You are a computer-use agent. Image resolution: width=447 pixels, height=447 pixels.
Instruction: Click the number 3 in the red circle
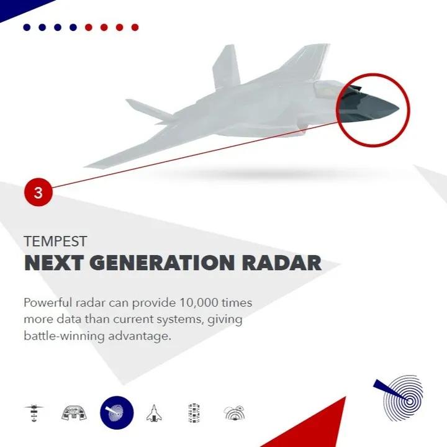pyautogui.click(x=38, y=192)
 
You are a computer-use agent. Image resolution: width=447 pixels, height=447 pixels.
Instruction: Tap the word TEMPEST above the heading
pyautogui.click(x=55, y=242)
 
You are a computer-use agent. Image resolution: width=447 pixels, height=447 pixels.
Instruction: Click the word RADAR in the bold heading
pyautogui.click(x=282, y=263)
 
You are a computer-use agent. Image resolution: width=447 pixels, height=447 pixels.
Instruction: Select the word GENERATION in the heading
pyautogui.click(x=163, y=263)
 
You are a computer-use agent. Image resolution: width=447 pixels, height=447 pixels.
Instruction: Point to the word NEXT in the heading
pyautogui.click(x=54, y=263)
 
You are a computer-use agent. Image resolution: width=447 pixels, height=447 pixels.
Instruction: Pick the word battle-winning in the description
pyautogui.click(x=64, y=336)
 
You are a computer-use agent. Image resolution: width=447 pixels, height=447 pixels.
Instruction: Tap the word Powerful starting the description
pyautogui.click(x=48, y=302)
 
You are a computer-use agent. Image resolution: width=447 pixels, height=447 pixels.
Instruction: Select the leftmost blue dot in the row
pyautogui.click(x=27, y=27)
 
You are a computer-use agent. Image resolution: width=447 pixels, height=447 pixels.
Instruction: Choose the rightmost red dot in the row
pyautogui.click(x=135, y=27)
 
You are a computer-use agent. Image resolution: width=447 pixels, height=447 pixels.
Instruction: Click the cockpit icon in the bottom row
pyautogui.click(x=74, y=413)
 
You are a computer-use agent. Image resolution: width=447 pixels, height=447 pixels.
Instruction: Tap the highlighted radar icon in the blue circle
pyautogui.click(x=117, y=412)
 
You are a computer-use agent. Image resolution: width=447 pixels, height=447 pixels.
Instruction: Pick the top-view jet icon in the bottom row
pyautogui.click(x=154, y=413)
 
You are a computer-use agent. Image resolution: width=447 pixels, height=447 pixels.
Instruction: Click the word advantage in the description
pyautogui.click(x=140, y=336)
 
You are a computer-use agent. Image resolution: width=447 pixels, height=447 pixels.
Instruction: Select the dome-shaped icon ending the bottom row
pyautogui.click(x=234, y=413)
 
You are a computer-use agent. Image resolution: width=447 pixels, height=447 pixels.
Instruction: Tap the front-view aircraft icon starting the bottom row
pyautogui.click(x=34, y=412)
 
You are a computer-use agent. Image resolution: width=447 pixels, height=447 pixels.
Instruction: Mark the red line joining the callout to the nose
pyautogui.click(x=195, y=155)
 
